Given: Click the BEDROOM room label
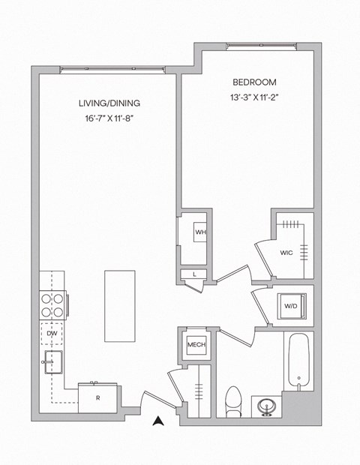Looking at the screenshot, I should tap(254, 82).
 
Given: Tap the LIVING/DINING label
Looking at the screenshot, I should tap(109, 103).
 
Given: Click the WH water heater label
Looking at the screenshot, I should tap(200, 232).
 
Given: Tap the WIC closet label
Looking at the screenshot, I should tap(286, 253).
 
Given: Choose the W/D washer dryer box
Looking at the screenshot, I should tap(290, 306).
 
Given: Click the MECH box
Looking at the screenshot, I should tap(196, 345).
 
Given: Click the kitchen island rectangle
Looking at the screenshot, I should tap(118, 306).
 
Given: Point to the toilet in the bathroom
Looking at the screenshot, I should tap(233, 403).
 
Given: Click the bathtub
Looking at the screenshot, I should tap(299, 361).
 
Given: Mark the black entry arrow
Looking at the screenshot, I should tap(157, 423).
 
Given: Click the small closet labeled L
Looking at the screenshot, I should tap(194, 274).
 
